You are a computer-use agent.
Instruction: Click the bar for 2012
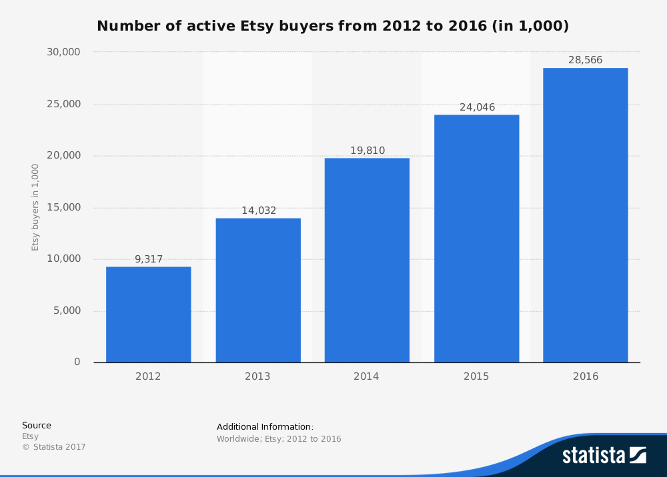148,314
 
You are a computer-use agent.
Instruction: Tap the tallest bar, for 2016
585,215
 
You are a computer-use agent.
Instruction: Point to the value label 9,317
149,259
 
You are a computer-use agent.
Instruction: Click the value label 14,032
258,211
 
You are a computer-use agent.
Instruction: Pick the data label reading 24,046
476,107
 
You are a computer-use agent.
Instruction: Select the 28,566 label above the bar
585,60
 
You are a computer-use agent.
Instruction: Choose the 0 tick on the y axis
77,362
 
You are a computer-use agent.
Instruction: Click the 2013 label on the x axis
257,376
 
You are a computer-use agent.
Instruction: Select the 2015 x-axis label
476,376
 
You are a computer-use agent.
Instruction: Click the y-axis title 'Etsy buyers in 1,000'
35,207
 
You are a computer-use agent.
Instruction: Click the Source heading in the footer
36,425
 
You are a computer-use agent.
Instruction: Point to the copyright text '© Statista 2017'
53,447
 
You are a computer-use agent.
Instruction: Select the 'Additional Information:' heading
265,426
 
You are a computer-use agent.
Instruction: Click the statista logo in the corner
604,455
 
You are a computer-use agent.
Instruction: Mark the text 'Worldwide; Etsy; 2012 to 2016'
279,439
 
